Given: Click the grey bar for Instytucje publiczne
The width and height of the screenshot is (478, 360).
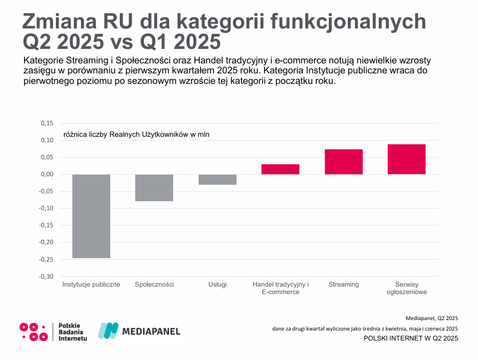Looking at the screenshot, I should [x=91, y=216].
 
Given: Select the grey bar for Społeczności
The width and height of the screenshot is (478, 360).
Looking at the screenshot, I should [x=154, y=188].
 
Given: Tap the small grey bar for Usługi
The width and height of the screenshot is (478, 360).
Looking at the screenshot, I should [x=218, y=180].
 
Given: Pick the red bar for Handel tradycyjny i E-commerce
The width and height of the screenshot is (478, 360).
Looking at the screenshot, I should [x=280, y=169].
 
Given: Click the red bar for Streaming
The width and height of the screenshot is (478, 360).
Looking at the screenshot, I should [x=344, y=162].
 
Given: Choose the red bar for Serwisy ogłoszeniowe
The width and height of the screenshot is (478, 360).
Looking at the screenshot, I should [x=407, y=159].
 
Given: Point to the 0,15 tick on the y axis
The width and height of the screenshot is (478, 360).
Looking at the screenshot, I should [x=46, y=123].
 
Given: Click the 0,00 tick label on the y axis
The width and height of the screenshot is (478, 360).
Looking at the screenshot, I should [x=46, y=174].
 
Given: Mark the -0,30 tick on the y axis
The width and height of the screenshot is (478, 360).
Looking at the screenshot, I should [x=46, y=276].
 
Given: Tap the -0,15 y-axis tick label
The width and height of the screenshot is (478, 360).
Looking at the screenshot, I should [x=46, y=225].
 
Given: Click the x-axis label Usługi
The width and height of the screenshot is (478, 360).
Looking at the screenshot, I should [x=218, y=285].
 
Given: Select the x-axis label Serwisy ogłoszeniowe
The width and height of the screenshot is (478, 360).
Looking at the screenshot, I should [x=407, y=288].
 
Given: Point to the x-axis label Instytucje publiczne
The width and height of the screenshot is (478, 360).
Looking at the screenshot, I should [x=91, y=285].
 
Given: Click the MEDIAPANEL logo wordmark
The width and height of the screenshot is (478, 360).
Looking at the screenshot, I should [x=151, y=331].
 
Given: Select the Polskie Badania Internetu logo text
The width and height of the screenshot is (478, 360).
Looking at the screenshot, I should [x=72, y=332].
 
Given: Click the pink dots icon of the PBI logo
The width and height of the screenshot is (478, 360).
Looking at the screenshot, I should [x=33, y=332].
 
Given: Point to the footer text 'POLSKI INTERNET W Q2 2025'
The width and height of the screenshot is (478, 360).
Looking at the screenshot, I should [x=411, y=339].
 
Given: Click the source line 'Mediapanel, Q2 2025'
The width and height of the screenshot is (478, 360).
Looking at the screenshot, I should [x=432, y=318].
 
